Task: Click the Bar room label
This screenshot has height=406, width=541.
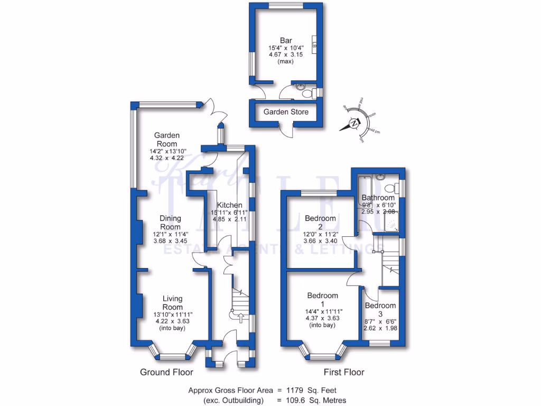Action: point(286,40)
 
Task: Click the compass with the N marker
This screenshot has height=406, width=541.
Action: point(353,124)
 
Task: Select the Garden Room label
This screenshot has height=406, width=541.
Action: point(166,140)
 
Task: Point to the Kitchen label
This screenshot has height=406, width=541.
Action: point(230,205)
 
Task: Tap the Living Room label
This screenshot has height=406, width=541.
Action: point(172,303)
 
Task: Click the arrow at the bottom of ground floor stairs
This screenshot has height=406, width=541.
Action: point(241,317)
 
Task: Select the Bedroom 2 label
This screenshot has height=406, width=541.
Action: point(320,223)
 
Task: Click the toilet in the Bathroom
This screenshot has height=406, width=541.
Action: point(390,188)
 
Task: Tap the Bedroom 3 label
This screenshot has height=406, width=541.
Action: point(380,310)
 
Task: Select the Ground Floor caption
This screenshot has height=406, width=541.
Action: point(163,372)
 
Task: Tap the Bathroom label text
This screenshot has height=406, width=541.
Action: point(378,198)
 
